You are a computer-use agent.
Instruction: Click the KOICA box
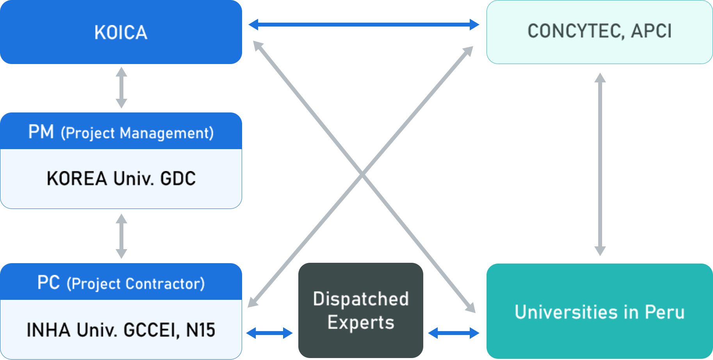121,32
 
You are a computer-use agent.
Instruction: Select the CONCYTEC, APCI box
600,32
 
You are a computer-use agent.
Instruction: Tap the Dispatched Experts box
361,310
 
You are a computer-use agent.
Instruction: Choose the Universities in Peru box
600,311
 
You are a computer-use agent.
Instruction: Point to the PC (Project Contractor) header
121,282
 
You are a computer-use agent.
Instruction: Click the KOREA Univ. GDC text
121,178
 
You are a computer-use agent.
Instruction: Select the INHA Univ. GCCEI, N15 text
121,330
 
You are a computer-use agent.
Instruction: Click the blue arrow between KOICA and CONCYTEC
364,25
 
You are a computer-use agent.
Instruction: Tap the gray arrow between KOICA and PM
121,87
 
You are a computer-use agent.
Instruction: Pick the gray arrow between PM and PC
121,236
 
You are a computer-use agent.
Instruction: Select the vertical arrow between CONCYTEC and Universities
600,164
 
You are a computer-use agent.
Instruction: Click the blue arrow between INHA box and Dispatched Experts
269,333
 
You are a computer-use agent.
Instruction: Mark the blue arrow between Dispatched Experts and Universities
454,333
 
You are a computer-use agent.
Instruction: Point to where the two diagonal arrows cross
362,175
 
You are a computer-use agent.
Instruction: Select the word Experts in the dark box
361,323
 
